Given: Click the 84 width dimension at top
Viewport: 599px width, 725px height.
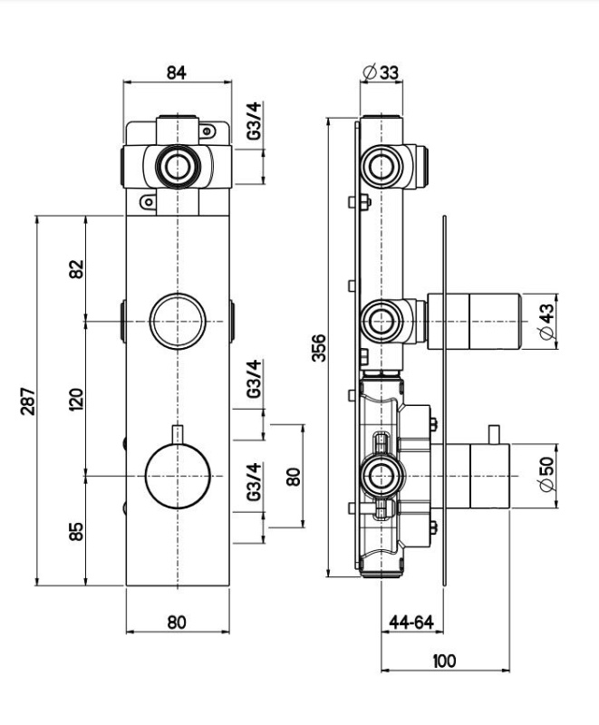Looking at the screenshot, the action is (x=176, y=72).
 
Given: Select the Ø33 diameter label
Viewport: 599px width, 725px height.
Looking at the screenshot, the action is (x=381, y=72).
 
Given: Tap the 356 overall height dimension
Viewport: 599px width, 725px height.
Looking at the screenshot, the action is (x=318, y=348).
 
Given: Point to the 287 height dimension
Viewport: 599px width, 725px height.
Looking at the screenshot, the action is (x=28, y=401).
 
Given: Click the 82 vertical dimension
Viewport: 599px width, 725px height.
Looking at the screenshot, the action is (x=76, y=269).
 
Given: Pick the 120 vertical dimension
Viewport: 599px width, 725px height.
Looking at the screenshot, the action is (x=76, y=400).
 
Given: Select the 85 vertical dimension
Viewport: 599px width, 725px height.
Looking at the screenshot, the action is (x=76, y=531).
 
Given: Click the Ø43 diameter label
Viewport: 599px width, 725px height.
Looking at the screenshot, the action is (x=546, y=322).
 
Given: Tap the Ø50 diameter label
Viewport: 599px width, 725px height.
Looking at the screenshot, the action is (x=546, y=474).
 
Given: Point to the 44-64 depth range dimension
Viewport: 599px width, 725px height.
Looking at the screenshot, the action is (x=411, y=622).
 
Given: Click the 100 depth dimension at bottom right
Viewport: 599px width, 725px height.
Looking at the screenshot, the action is (x=444, y=661).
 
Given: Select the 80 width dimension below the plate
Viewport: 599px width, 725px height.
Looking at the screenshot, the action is (x=177, y=622).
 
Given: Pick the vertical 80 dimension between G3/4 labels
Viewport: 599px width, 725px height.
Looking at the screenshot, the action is (x=293, y=477).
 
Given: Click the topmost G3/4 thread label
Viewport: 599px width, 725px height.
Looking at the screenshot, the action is (x=254, y=121).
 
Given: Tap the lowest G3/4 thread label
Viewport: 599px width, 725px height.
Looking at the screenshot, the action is (x=254, y=482).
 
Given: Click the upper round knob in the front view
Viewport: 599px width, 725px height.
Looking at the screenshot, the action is (x=178, y=322).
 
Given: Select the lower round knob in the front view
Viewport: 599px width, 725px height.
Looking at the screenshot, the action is (x=178, y=477).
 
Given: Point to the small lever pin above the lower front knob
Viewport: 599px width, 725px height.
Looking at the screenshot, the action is (x=178, y=435).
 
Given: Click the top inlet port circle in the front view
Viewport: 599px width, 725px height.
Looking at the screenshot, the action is (x=178, y=167).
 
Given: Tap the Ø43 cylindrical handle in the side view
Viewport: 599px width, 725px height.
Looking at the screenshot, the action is (x=474, y=322).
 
